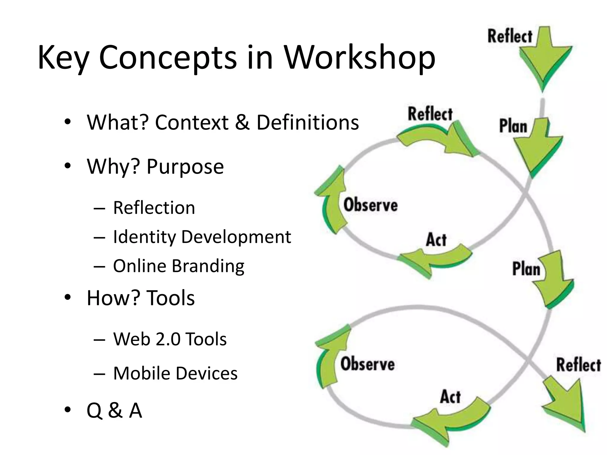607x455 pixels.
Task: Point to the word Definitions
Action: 307,122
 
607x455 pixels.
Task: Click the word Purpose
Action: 185,166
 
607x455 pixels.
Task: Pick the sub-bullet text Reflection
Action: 154,208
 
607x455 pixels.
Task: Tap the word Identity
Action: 144,237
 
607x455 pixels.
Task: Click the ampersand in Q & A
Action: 115,411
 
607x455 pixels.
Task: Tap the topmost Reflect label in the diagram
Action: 510,36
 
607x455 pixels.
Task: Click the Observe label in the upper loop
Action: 370,205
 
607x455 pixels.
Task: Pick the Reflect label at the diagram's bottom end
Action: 578,365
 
